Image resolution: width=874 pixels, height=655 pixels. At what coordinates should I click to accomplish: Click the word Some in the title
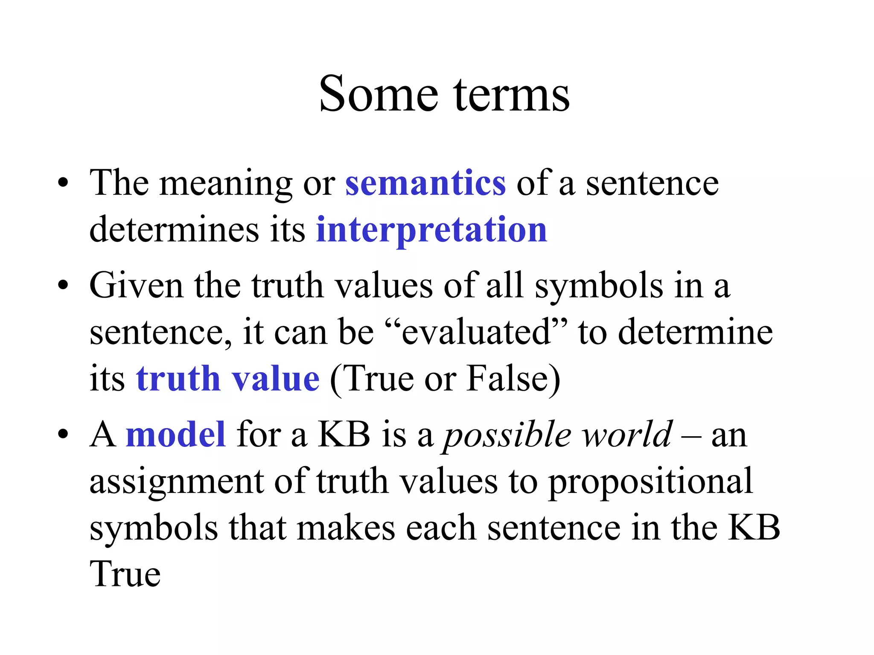tap(379, 94)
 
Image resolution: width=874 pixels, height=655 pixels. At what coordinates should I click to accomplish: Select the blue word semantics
tap(425, 183)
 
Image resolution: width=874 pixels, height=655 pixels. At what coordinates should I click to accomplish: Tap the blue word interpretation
tap(431, 230)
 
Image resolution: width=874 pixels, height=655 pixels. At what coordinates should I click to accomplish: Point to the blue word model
tap(176, 435)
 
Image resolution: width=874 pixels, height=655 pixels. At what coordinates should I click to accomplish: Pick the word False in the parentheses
tap(507, 379)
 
